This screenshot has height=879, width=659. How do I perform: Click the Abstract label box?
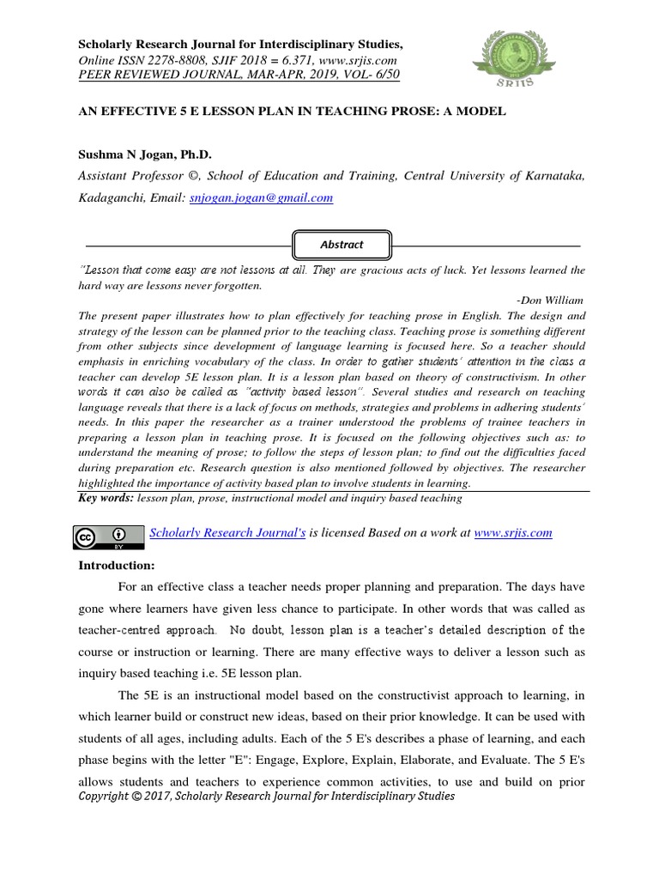coord(342,245)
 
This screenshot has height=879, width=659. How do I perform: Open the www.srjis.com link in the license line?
coord(512,532)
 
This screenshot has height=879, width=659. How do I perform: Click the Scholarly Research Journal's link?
coord(227,532)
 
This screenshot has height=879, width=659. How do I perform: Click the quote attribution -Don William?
coord(550,300)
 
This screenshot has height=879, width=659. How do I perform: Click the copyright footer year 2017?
coord(171,796)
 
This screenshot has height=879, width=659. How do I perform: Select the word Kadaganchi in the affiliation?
coord(112,197)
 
